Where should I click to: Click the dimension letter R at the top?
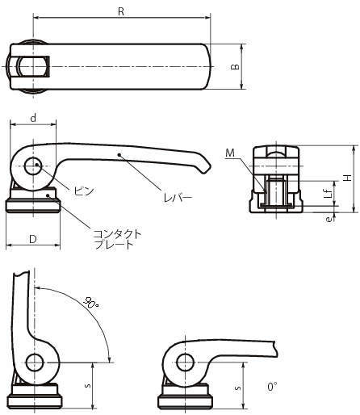(121, 11)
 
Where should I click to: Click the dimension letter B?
(236, 66)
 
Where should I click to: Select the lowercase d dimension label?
(33, 118)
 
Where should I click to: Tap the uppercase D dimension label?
(33, 239)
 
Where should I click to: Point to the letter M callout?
(230, 153)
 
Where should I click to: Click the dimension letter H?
(349, 178)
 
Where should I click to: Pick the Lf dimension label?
(329, 193)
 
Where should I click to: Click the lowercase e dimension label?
(329, 219)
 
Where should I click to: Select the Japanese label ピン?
(84, 191)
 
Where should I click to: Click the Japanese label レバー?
(178, 198)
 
